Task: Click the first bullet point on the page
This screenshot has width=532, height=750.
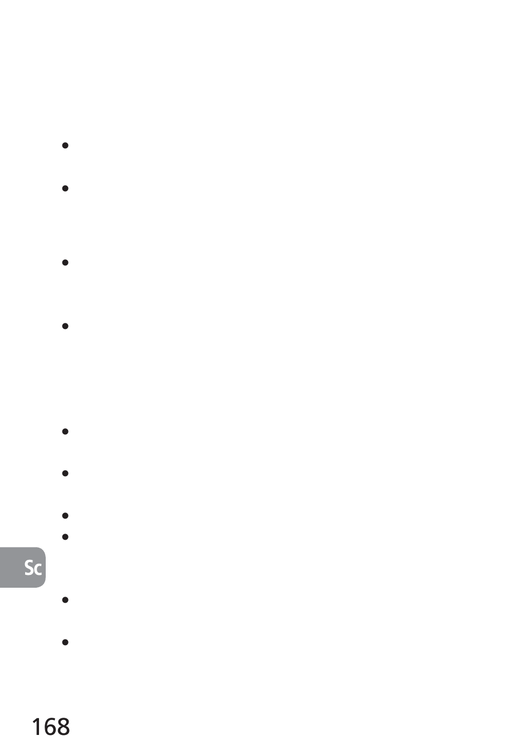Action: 65,146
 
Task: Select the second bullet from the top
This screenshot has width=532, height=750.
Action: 65,188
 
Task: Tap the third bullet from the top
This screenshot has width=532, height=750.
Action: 65,262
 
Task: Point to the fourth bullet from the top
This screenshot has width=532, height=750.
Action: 65,326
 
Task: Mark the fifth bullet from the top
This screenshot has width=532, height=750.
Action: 65,431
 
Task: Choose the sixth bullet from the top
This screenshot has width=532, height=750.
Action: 65,473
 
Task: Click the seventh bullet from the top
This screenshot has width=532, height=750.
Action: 65,516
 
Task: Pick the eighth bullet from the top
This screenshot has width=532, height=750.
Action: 65,537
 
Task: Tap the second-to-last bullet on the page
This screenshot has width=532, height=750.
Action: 65,600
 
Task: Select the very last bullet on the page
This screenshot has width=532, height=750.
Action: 65,642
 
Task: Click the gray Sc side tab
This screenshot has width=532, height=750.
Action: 22,567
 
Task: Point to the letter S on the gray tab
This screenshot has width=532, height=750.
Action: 29,568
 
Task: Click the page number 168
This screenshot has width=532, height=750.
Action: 51,727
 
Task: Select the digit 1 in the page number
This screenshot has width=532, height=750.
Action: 36,727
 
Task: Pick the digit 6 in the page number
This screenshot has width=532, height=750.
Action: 50,727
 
